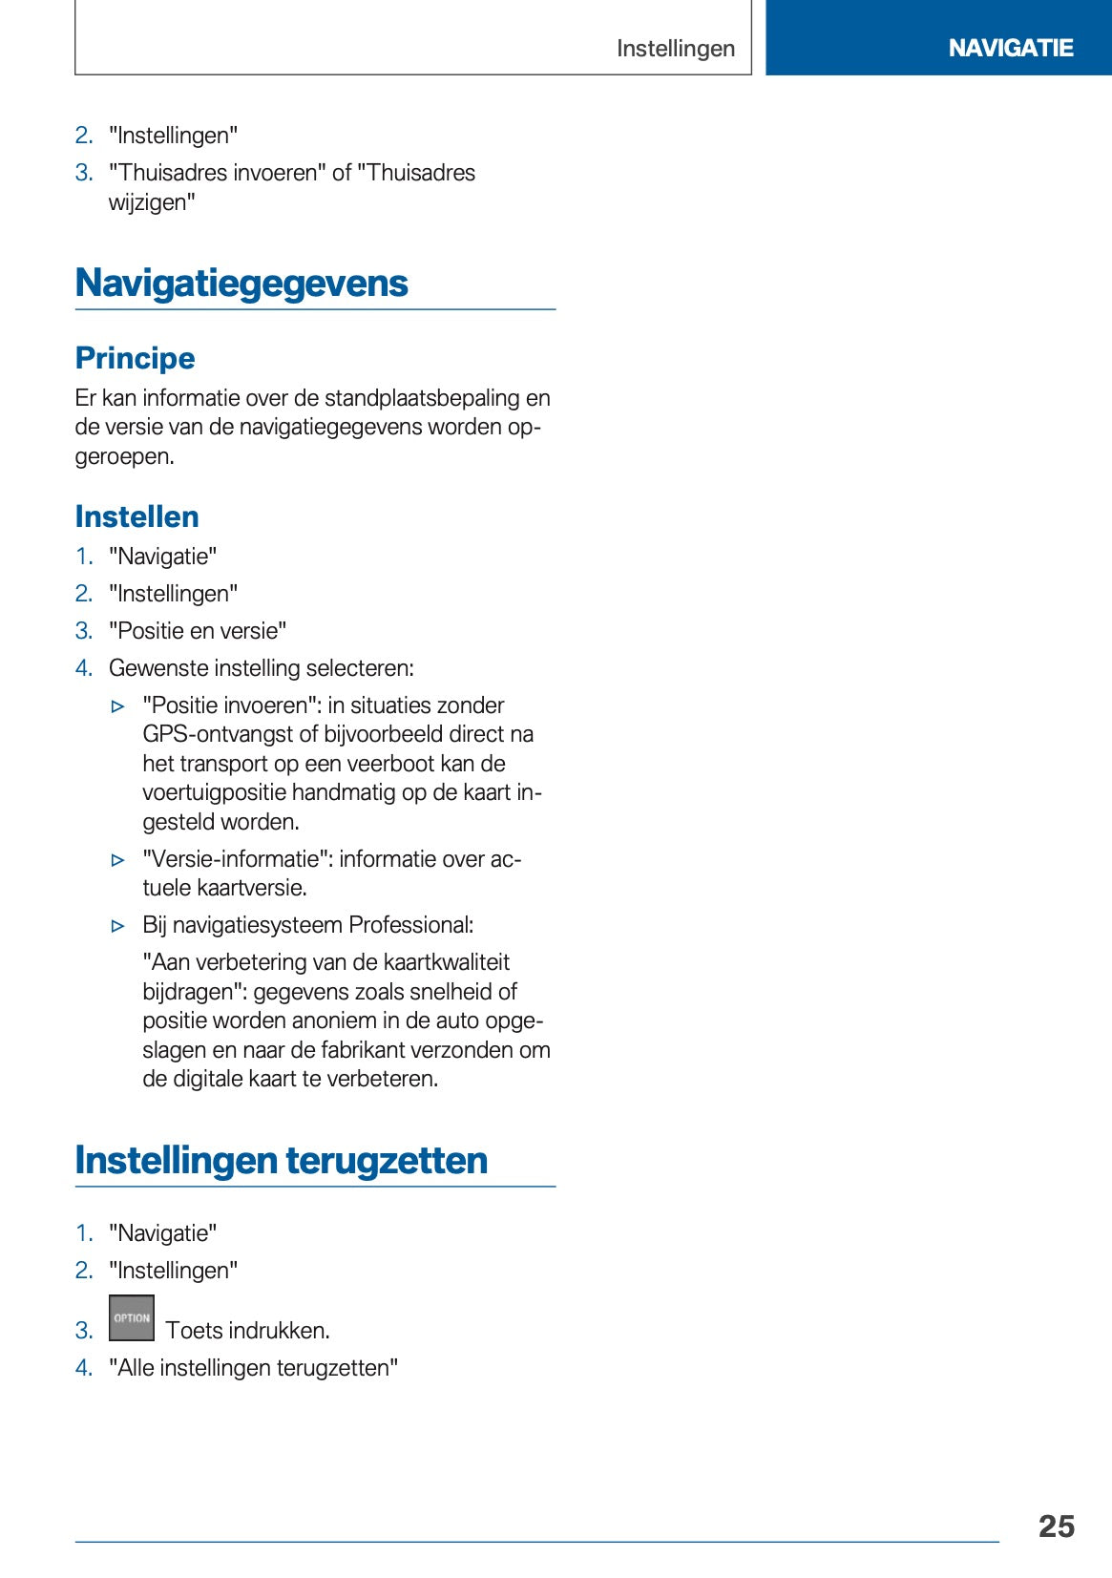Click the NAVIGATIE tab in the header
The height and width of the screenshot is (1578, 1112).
pos(1010,48)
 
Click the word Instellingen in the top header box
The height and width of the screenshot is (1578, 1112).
pos(676,49)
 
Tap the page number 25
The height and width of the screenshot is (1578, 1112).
pos(1056,1525)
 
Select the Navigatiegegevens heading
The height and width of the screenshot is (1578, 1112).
pos(241,284)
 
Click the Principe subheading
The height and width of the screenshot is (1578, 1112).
pos(135,358)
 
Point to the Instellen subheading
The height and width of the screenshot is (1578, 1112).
pos(136,516)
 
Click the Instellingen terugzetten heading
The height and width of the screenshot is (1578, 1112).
pos(281,1161)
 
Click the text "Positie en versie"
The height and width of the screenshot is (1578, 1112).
pos(198,631)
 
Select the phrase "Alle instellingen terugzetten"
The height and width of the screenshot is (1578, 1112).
pos(253,1368)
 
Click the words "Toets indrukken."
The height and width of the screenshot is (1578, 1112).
pos(247,1331)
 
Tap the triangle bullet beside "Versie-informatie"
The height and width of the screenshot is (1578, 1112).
pos(118,860)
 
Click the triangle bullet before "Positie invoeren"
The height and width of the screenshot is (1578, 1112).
pos(118,707)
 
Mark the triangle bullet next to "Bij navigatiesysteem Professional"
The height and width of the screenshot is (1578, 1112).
pos(118,926)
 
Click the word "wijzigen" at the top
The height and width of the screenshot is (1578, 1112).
pos(151,202)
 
